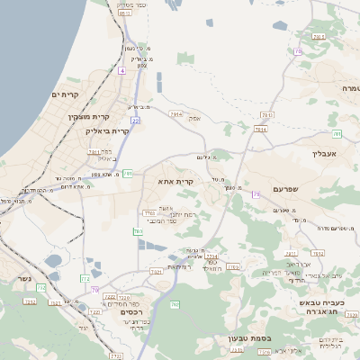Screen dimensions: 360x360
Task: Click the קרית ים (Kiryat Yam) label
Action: coord(67,94)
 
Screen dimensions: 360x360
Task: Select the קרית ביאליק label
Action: coord(107,130)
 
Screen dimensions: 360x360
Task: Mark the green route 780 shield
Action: coord(139,232)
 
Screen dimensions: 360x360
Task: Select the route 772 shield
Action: coord(83,279)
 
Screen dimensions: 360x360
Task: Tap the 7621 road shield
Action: coord(156,270)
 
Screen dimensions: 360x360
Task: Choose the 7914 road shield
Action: coord(175,114)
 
